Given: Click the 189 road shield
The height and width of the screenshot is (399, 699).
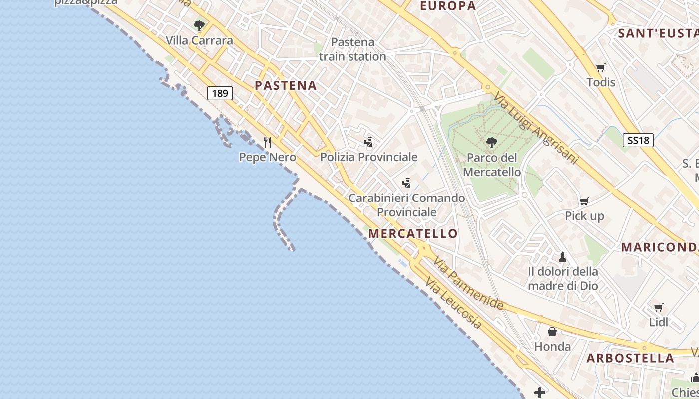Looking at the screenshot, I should (220, 93).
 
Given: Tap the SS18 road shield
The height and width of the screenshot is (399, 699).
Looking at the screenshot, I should (638, 140).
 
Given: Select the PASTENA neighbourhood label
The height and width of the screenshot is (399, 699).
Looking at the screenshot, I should (286, 85).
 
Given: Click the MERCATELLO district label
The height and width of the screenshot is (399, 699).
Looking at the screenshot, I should (412, 233).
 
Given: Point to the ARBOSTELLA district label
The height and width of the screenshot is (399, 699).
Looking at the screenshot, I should (630, 358).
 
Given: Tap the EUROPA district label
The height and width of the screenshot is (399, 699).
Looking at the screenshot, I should (448, 6).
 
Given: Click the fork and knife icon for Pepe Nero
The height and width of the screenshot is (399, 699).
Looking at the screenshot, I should (268, 142).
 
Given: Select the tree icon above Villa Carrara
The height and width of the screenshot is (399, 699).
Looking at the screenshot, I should (199, 25).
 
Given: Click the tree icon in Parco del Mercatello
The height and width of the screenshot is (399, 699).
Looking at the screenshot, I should (492, 143).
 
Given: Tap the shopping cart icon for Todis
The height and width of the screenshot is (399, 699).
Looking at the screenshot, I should (601, 67).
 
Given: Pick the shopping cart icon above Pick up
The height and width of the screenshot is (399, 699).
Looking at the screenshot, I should (584, 201).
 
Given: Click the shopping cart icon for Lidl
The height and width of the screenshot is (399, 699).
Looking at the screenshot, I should (659, 307).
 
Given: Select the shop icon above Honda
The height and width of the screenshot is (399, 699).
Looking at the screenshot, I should (552, 332).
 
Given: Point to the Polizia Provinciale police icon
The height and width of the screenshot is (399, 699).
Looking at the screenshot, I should (369, 142).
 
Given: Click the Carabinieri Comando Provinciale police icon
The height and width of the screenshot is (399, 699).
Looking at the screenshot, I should (407, 183).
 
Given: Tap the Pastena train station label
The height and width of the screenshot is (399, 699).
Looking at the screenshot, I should (352, 49).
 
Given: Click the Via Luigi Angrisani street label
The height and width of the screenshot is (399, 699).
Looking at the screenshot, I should (536, 128).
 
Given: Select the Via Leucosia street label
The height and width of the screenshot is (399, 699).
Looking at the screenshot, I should (453, 304).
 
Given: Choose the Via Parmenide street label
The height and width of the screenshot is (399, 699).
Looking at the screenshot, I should (468, 283).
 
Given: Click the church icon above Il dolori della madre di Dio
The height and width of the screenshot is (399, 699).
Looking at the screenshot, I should (563, 257).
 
